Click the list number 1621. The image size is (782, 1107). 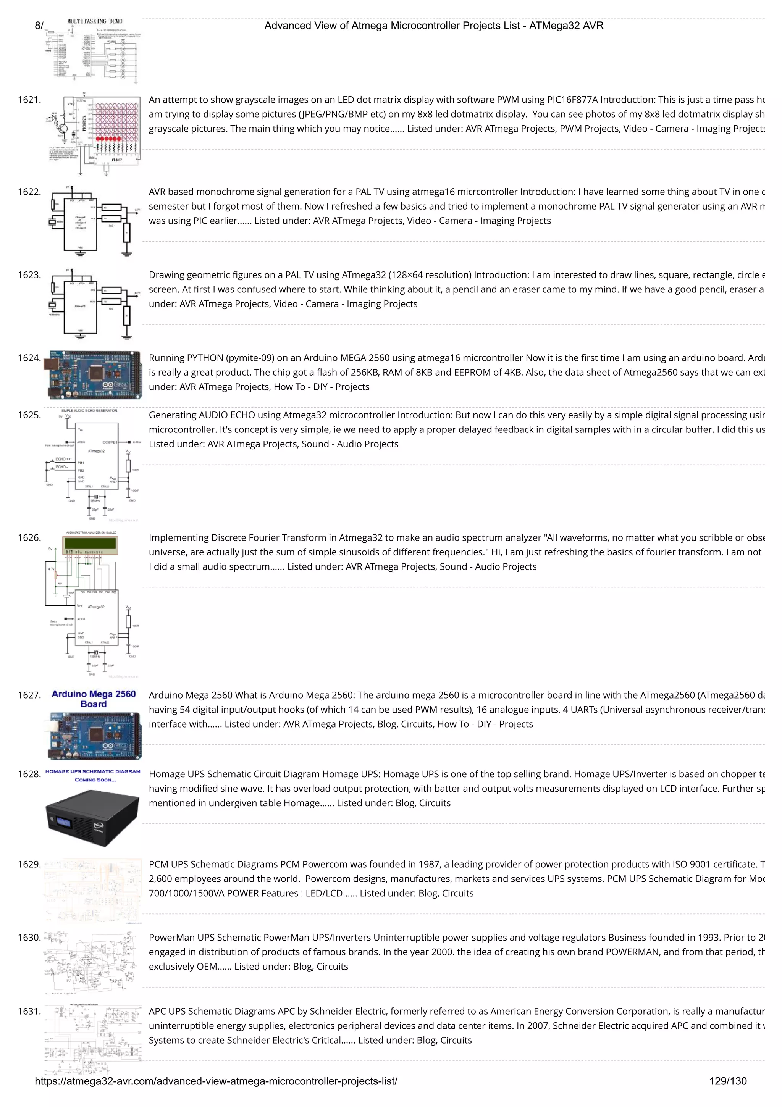coord(29,100)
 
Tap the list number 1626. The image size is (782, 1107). coord(29,537)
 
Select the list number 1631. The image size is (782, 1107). coord(29,1011)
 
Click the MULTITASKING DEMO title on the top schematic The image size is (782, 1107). coord(95,21)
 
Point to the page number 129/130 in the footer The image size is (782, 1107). coord(727,1081)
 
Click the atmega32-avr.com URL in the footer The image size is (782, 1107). coord(216,1081)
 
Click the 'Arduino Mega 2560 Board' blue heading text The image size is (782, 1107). coord(94,699)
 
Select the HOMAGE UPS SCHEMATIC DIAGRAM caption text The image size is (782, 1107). coord(93,771)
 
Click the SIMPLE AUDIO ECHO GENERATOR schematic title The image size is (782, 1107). coord(89,411)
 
